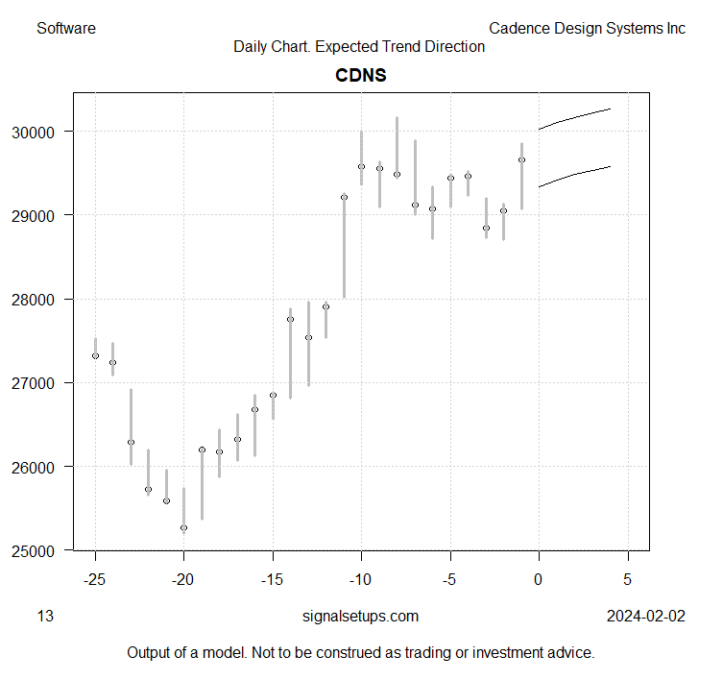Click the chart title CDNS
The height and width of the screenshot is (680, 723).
[x=360, y=75]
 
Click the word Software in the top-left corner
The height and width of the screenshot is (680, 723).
[x=66, y=28]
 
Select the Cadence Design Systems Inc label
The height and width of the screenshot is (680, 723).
[x=587, y=28]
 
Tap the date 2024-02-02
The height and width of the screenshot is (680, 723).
[x=645, y=616]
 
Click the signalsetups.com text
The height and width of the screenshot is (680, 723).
[x=360, y=616]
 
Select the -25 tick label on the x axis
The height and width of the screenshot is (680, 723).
[x=94, y=579]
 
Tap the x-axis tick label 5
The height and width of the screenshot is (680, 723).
[x=628, y=579]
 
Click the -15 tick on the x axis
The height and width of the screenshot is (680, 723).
[x=273, y=579]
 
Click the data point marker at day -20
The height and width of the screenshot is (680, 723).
[x=183, y=528]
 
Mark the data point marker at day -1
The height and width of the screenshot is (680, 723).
[x=521, y=160]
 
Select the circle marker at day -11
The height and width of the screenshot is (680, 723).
[x=344, y=197]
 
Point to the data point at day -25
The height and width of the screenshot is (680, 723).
[x=95, y=356]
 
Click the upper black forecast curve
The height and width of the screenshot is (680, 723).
[x=576, y=116]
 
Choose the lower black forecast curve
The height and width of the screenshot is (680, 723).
[x=576, y=173]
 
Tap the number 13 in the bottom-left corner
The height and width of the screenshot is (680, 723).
[x=45, y=616]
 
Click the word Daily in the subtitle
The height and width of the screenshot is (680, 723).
[x=252, y=46]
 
